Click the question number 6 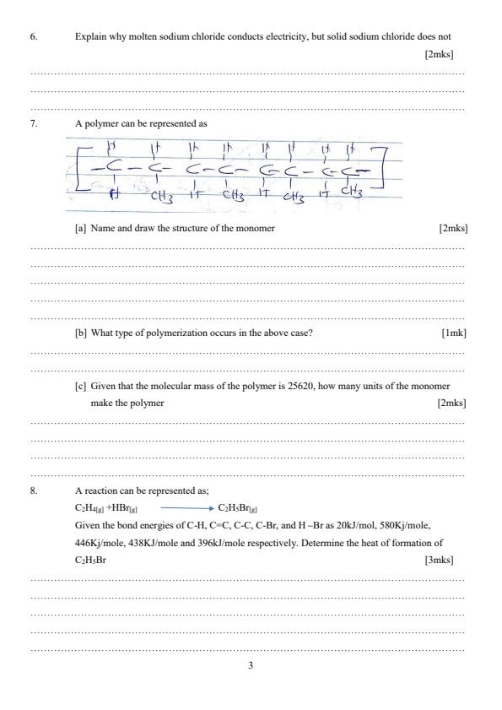click(35, 37)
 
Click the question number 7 click(35, 123)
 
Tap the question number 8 click(35, 490)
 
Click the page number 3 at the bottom click(251, 666)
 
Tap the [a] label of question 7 click(81, 229)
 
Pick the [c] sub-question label click(81, 387)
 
